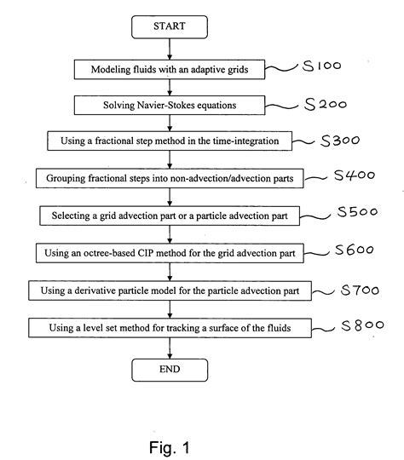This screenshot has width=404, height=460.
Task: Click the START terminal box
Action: point(170,27)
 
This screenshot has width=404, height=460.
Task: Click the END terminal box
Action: point(170,370)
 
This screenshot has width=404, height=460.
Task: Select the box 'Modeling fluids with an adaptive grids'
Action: point(170,70)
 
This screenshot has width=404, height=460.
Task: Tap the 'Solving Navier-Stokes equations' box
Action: point(170,105)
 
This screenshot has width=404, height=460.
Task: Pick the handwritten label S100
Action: point(322,66)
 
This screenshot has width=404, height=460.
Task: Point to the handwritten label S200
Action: point(326,104)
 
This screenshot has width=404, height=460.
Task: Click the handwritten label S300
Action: point(340,141)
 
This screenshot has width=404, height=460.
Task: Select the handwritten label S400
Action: point(355,175)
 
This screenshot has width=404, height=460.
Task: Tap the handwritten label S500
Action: point(357,211)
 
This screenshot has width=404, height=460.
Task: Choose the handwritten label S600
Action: point(355,250)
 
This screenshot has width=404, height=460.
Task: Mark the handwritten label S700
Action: point(360,290)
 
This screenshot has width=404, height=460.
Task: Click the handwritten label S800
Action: point(362,325)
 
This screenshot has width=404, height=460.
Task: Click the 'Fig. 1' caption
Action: point(170,447)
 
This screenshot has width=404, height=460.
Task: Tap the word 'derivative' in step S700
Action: point(96,290)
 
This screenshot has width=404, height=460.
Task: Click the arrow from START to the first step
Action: point(170,49)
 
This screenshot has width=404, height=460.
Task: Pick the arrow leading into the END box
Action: point(170,348)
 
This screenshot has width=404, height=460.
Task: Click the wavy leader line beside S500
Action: point(315,217)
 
